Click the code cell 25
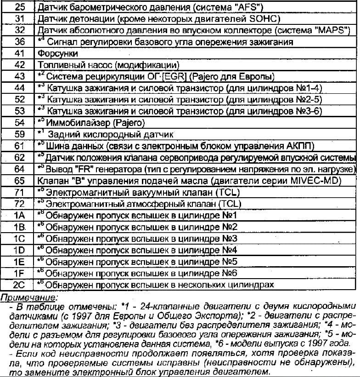pyautogui.click(x=19, y=7)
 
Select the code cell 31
pyautogui.click(x=19, y=19)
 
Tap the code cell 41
pyautogui.click(x=19, y=53)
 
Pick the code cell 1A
pyautogui.click(x=19, y=216)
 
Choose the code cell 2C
pyautogui.click(x=19, y=285)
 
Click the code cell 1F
pyautogui.click(x=19, y=273)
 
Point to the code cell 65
pyautogui.click(x=19, y=181)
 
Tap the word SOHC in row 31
pyautogui.click(x=264, y=19)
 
